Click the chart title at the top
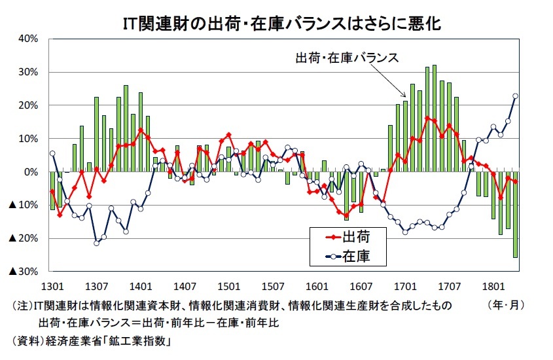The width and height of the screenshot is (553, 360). coord(282,24)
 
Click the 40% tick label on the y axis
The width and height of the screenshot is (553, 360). coord(28,39)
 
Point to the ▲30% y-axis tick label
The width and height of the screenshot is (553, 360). coord(24,272)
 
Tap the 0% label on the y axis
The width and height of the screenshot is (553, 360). coord(31,172)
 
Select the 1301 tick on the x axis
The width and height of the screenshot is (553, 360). coord(52,286)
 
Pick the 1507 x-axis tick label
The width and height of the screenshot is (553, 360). coord(273,286)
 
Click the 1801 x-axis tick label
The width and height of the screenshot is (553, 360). coord(493,286)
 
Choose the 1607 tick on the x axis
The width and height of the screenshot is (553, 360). coord(361,286)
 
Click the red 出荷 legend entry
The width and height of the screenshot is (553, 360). coord(348,236)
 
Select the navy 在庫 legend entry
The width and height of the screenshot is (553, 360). coord(348,257)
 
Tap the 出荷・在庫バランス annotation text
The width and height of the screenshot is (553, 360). coord(347,58)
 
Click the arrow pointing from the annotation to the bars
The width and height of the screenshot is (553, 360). coord(389,81)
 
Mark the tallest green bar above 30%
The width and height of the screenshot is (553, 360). coord(435,118)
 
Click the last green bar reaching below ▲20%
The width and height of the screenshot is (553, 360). coord(515,215)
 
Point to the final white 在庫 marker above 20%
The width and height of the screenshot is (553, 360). coord(515,96)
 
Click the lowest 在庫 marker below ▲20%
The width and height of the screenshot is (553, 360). coord(97,243)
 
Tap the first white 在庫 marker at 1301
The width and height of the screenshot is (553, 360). coord(52,153)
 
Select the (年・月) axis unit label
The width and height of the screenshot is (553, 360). coord(506,304)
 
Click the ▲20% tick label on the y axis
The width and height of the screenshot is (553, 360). coord(24,238)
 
